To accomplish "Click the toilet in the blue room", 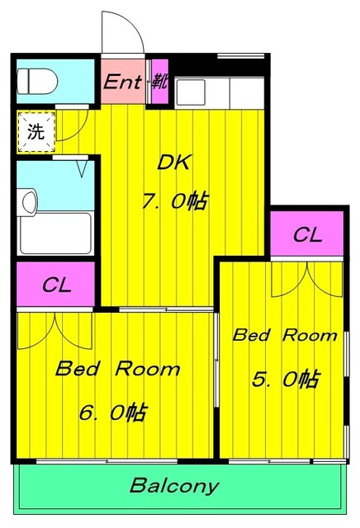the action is [37, 82].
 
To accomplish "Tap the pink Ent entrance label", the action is [122, 82].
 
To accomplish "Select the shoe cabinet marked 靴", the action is [159, 82].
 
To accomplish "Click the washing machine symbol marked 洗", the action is [36, 132].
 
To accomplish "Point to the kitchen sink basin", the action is [191, 92].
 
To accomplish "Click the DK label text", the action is [174, 163].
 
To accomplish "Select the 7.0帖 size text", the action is [174, 201].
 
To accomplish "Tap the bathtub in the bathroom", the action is [55, 233].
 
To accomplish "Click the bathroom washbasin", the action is [29, 201].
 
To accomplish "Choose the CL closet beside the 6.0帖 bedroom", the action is [56, 285].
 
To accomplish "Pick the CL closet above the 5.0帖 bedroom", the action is [306, 234].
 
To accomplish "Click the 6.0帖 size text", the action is [113, 412].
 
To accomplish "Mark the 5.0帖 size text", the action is [285, 379].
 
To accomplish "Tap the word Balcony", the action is [174, 486].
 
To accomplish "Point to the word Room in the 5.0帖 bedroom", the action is [310, 336].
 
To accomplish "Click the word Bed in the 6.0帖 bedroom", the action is [78, 369].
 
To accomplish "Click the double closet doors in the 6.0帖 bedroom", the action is [54, 331].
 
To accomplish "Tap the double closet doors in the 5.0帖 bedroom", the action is [307, 280].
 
